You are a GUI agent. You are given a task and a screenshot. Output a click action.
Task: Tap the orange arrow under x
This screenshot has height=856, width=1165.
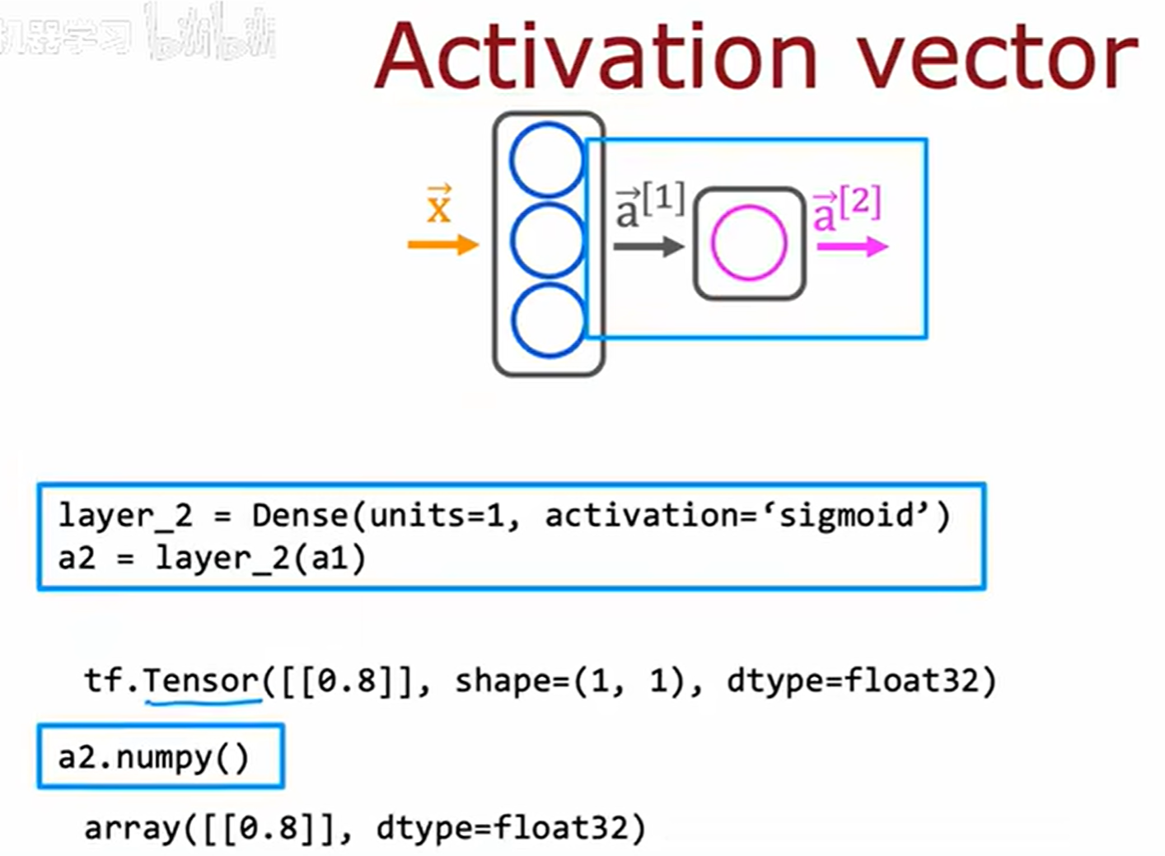click(x=443, y=245)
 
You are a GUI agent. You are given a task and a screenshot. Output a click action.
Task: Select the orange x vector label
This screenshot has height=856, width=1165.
click(x=439, y=205)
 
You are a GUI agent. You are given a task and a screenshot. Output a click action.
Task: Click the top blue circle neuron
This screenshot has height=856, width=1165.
click(x=546, y=159)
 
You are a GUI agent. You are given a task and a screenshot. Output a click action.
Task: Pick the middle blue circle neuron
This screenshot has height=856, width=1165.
click(x=546, y=240)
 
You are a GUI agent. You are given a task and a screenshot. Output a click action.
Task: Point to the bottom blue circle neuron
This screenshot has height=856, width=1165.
click(x=546, y=320)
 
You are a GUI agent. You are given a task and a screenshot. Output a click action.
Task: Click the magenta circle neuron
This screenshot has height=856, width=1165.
click(x=749, y=242)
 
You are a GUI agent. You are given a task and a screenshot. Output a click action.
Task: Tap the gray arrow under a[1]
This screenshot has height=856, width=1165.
click(x=648, y=246)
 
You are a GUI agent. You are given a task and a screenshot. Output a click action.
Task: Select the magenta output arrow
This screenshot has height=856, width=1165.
click(x=852, y=246)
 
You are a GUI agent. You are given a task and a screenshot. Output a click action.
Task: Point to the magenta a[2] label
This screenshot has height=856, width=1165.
click(x=847, y=208)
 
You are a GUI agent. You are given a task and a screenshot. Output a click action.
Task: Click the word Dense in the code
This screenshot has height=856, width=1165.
click(x=300, y=516)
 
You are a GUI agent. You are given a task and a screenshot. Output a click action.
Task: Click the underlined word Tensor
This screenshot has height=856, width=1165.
click(x=202, y=681)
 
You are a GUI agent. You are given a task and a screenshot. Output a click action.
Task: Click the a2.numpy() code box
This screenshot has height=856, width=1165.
click(x=160, y=756)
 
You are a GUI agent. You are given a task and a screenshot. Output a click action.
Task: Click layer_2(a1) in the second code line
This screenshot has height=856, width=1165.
click(x=260, y=559)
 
